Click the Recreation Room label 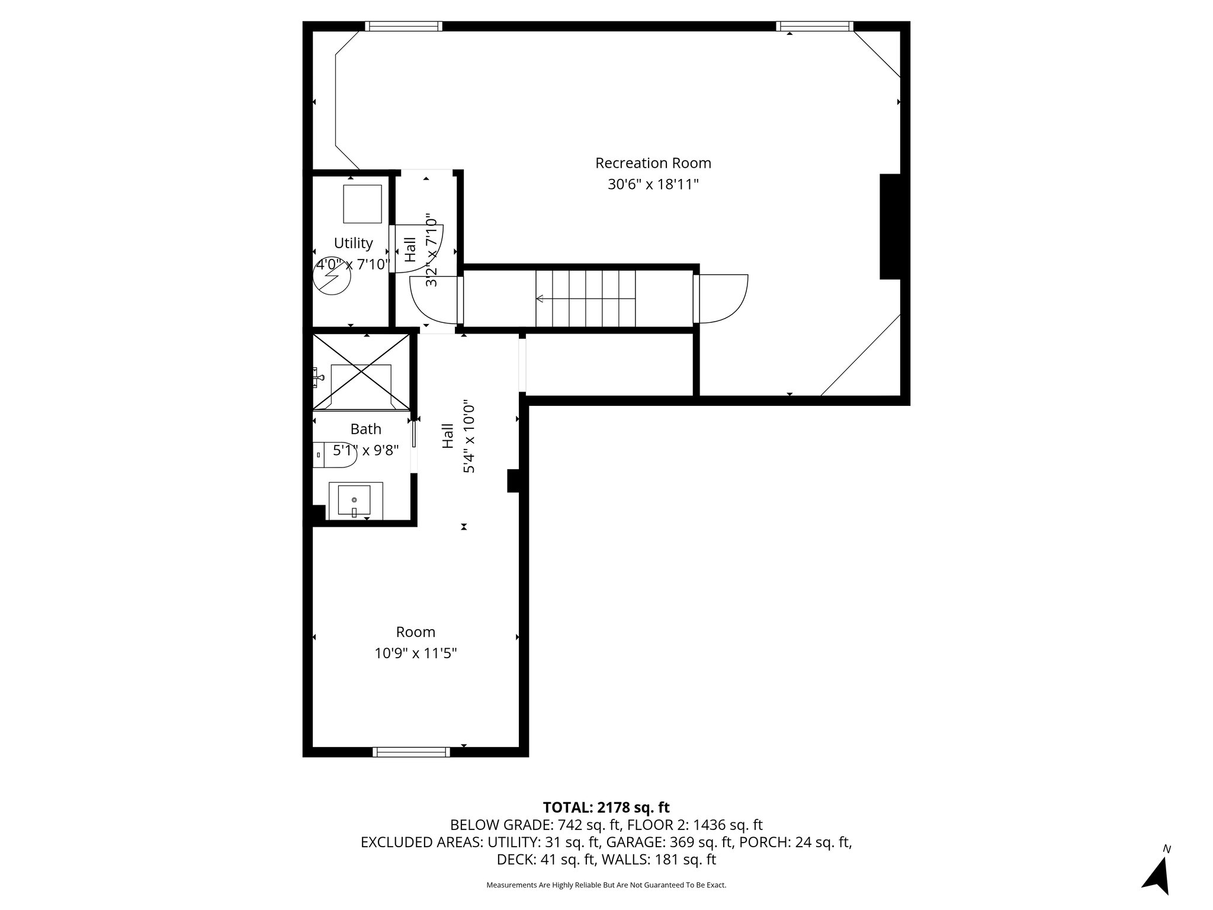[x=653, y=163]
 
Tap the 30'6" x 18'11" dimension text [x=653, y=184]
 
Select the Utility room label [x=353, y=243]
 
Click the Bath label [x=365, y=429]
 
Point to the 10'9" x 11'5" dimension [x=415, y=653]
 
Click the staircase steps [x=585, y=298]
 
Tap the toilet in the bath [x=335, y=454]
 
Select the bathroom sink [x=354, y=500]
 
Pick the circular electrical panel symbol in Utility [x=332, y=277]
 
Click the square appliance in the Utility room [x=362, y=204]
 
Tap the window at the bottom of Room [x=411, y=752]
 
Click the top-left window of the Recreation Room [x=403, y=26]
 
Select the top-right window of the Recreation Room [x=814, y=26]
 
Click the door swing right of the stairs [x=721, y=299]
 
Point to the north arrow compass [x=1157, y=874]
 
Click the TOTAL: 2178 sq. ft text [x=606, y=807]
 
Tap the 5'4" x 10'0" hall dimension [x=468, y=436]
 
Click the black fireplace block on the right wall [x=890, y=226]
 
